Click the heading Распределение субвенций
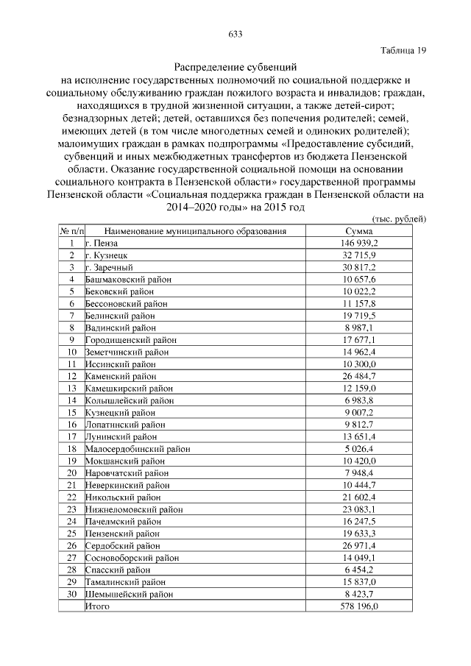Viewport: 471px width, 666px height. click(x=235, y=67)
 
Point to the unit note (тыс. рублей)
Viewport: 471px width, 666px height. click(x=400, y=219)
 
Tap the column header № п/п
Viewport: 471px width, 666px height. click(x=71, y=231)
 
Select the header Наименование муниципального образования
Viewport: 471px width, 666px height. click(x=194, y=231)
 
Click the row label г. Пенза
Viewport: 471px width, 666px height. click(x=102, y=243)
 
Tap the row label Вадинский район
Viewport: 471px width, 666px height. click(x=121, y=327)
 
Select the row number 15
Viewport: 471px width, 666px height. click(x=71, y=412)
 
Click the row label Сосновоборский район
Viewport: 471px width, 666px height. click(x=131, y=557)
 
